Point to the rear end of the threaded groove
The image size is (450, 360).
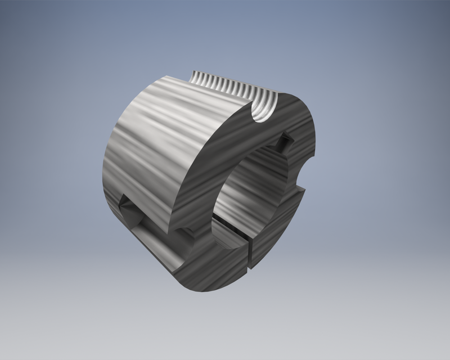tap(197, 76)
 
